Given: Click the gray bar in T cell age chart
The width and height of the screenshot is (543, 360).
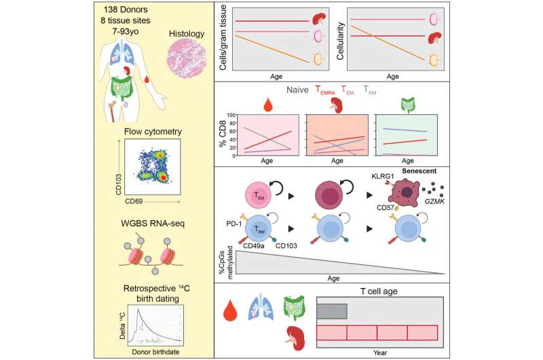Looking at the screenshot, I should point(332,311).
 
